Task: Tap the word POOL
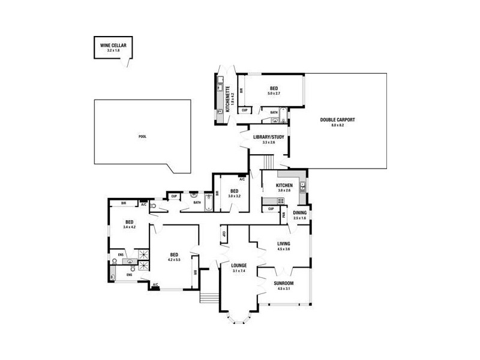tap(142, 136)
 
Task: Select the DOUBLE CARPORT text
tap(338, 120)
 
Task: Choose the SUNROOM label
tap(284, 283)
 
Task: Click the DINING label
tap(300, 212)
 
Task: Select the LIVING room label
tap(284, 244)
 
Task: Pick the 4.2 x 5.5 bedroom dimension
tap(174, 259)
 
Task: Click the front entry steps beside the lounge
tap(209, 296)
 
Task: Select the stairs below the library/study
tap(268, 162)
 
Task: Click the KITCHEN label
tap(284, 185)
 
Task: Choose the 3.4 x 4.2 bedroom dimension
tap(130, 227)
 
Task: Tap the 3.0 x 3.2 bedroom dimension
tap(234, 196)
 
